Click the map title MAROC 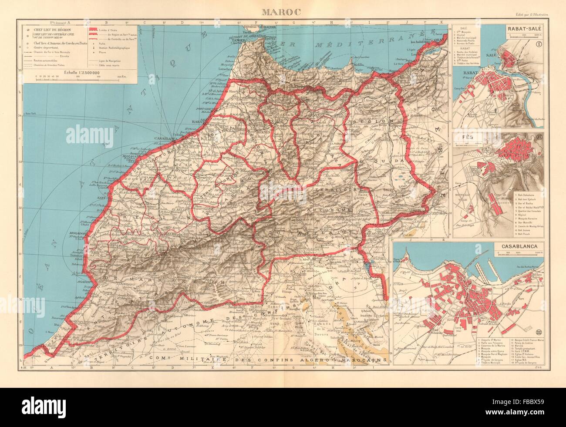[x=283, y=9]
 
